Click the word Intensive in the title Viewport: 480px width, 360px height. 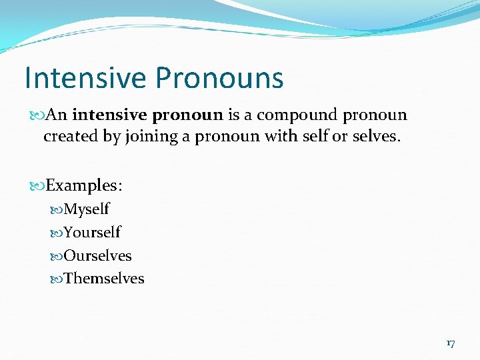coord(85,77)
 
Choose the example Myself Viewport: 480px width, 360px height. coord(87,209)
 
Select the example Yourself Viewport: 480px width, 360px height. coord(92,233)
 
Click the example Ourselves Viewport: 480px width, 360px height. coord(97,255)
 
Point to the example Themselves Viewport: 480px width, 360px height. coord(104,278)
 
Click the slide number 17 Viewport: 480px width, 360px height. coord(450,343)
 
